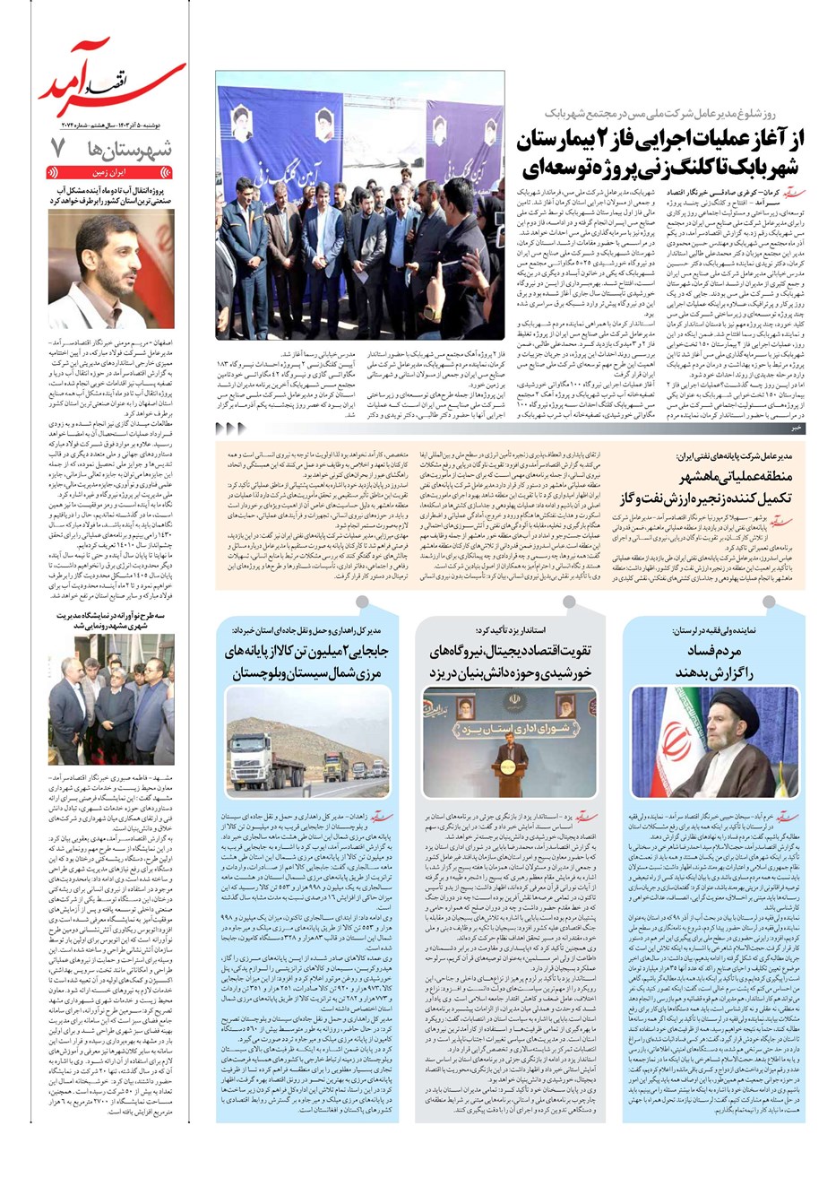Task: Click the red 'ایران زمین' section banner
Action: [111, 170]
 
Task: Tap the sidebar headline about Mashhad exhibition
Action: [111, 621]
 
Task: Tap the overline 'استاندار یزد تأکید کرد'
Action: [510, 630]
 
